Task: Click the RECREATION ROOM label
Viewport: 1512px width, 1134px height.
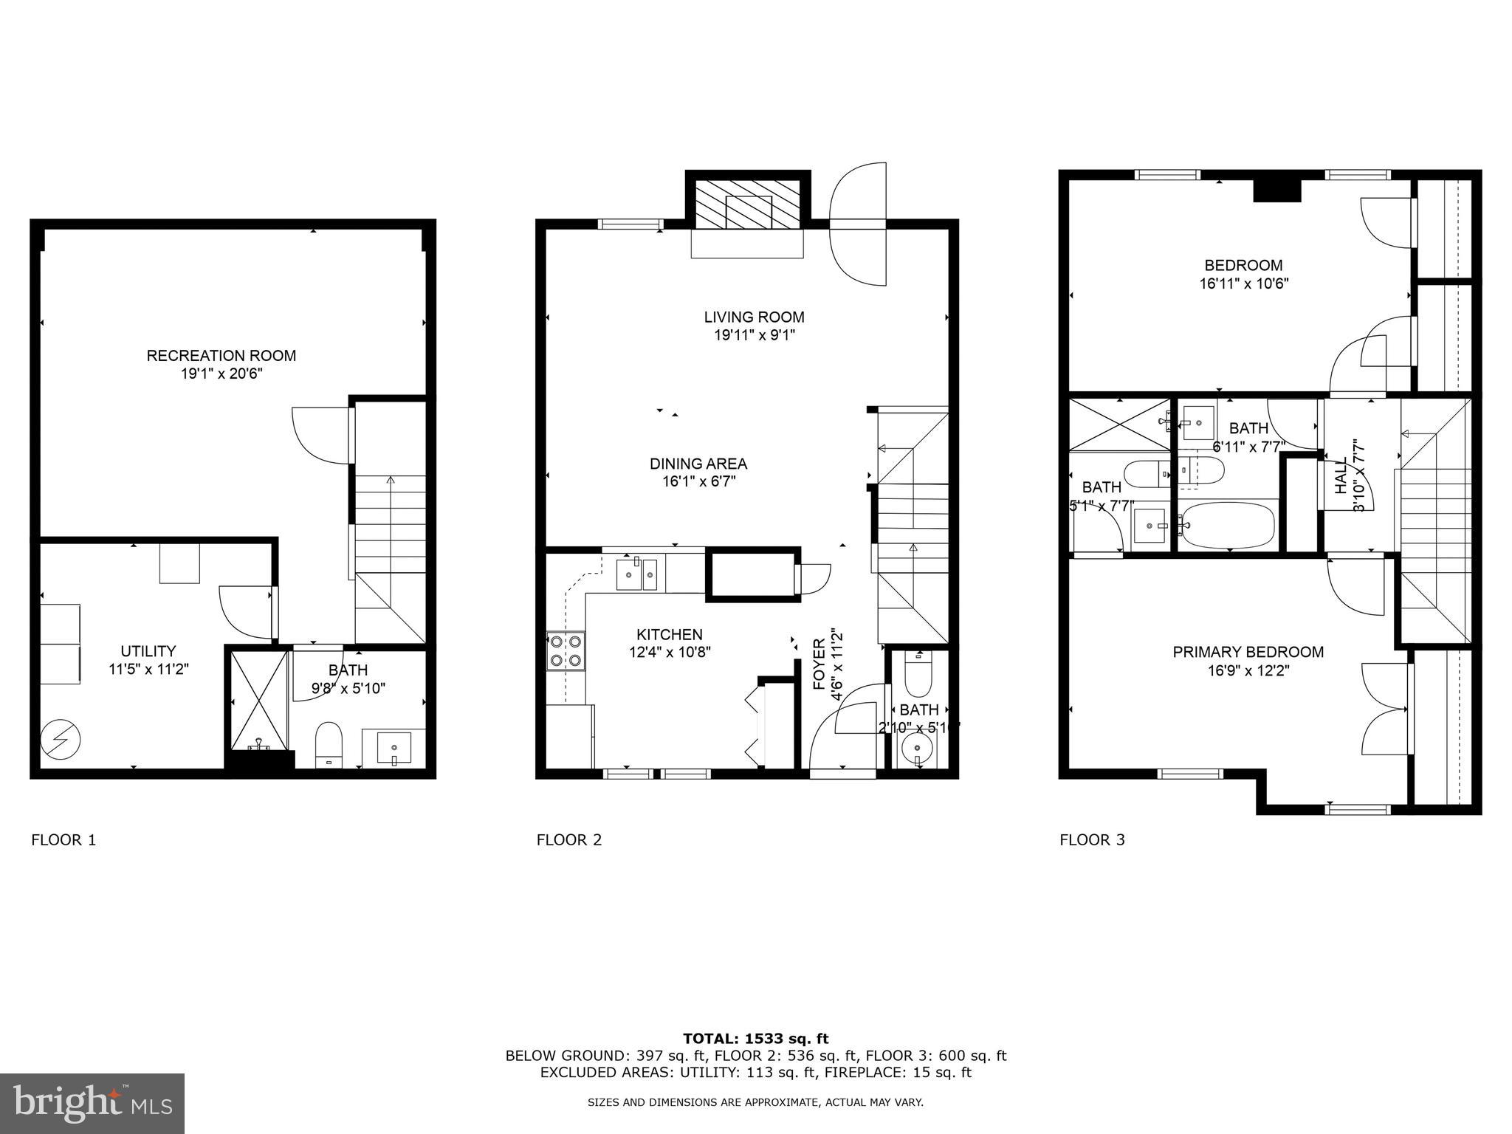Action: click(x=221, y=355)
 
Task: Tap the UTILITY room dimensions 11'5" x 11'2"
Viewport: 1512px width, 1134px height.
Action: click(x=148, y=669)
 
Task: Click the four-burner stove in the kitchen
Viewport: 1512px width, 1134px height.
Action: click(x=566, y=650)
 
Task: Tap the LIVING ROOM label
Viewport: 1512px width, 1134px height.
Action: click(x=754, y=317)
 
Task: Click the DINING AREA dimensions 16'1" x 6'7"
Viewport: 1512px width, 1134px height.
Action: click(x=698, y=481)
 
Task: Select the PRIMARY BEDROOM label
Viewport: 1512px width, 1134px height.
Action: click(x=1248, y=652)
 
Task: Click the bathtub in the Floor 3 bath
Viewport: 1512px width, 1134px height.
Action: click(x=1227, y=523)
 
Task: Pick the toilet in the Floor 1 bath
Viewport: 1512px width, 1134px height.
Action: click(x=329, y=743)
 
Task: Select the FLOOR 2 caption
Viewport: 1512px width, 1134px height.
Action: click(x=568, y=839)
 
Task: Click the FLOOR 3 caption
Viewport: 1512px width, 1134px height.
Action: click(x=1092, y=839)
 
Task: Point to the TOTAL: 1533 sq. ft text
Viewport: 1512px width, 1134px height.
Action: click(x=755, y=1039)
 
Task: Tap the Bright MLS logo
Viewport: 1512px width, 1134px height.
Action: click(x=92, y=1103)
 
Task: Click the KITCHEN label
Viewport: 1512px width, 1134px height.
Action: click(x=670, y=634)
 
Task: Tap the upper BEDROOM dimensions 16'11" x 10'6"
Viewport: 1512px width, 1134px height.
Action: click(x=1243, y=283)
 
